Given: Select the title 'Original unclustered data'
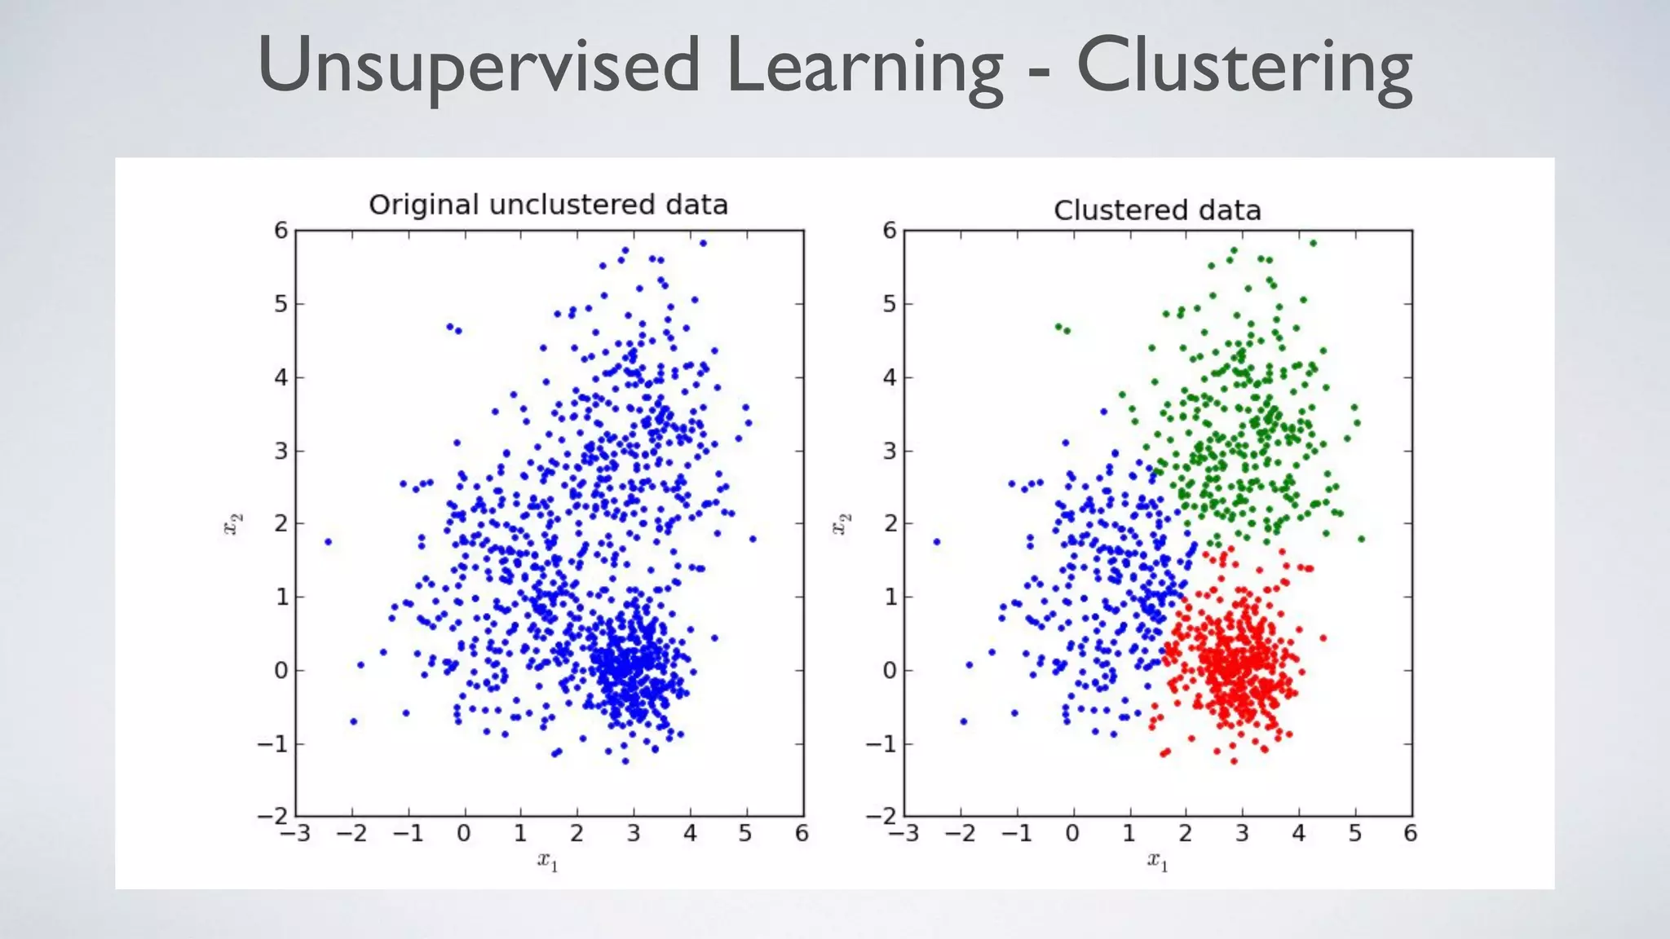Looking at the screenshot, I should [548, 205].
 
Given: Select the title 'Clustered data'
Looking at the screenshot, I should [1157, 210].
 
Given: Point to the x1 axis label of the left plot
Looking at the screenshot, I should [548, 860].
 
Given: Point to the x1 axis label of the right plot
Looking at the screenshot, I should [1158, 860].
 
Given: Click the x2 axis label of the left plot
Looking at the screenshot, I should [233, 523].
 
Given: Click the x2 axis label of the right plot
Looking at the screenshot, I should [842, 523].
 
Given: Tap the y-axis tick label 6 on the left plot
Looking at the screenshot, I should [281, 231].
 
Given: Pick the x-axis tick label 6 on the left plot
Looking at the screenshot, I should [802, 834].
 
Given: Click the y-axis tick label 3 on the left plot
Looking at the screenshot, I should [281, 451].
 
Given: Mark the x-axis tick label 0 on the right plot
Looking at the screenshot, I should [1072, 834].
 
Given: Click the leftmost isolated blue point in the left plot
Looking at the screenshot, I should [328, 541].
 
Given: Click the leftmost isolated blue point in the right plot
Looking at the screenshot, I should [936, 541].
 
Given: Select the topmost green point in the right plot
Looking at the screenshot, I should [1313, 243].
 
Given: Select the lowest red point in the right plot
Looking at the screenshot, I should [1234, 761].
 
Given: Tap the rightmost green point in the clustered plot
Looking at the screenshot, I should [1361, 539].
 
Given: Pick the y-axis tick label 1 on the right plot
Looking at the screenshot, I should [890, 597].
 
